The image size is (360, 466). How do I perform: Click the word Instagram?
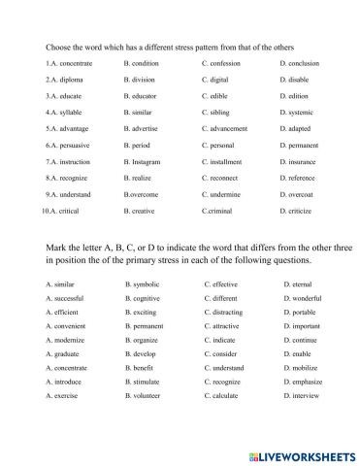147,161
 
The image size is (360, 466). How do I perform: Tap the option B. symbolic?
145,283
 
